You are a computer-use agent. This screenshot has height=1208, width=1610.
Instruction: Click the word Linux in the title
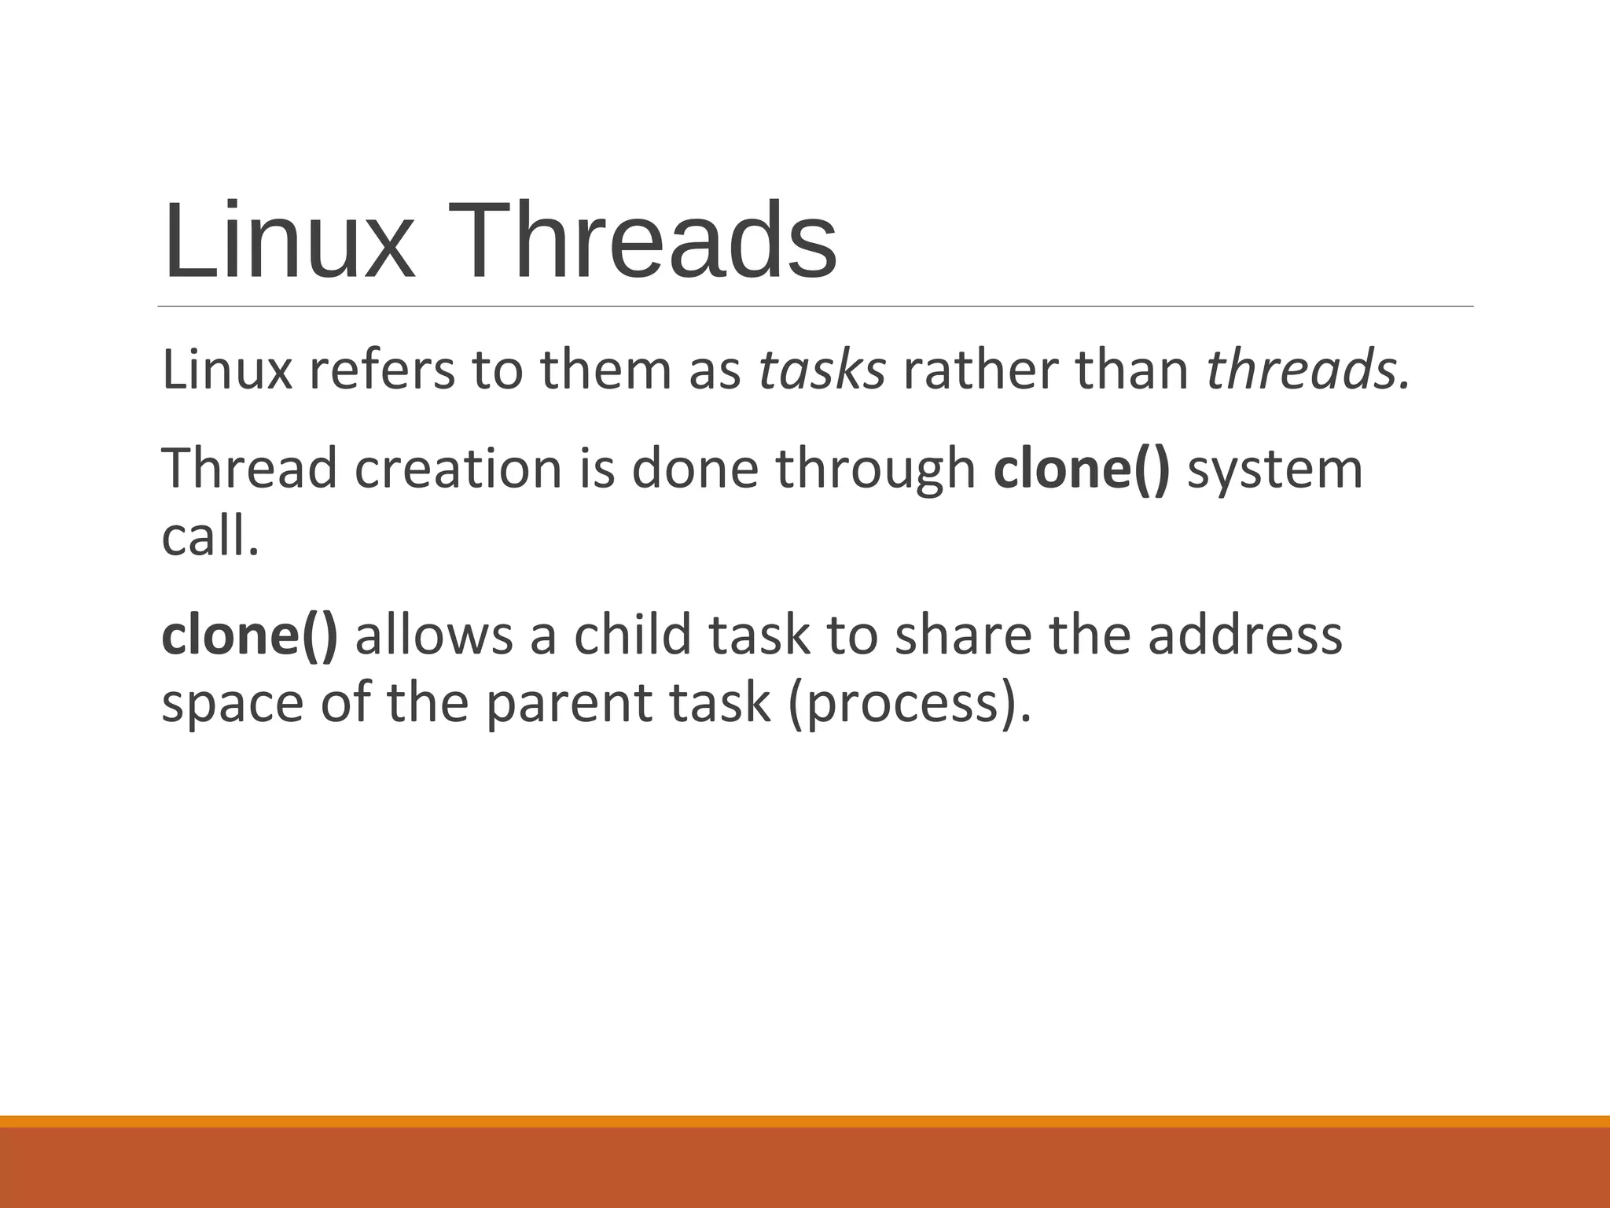point(288,241)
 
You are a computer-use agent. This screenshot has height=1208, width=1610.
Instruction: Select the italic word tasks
point(822,370)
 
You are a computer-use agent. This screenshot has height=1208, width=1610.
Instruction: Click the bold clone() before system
point(1081,469)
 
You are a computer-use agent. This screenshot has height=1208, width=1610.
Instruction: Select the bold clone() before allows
point(249,635)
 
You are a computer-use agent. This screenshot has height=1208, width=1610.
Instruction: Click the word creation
point(458,469)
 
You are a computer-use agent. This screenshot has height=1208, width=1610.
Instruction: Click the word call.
point(209,538)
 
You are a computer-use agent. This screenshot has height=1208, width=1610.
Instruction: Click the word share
point(962,635)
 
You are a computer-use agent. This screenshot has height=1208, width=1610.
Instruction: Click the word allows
point(434,635)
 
